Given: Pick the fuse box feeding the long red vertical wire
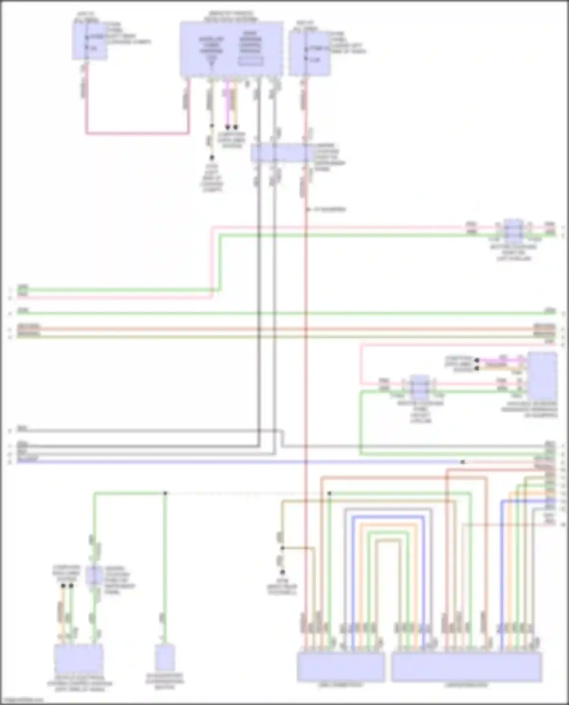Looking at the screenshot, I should [309, 53].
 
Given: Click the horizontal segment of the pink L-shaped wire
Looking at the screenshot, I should [137, 133].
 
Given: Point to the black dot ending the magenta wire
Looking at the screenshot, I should [228, 127].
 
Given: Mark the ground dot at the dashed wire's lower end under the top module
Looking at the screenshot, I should [212, 157].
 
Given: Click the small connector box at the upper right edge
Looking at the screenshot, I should [513, 230].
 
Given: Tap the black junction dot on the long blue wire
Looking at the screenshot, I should [462, 462].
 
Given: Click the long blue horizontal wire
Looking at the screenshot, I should [228, 462].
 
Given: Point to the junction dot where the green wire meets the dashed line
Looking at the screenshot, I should [165, 493].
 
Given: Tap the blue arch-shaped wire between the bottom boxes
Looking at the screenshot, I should [387, 517].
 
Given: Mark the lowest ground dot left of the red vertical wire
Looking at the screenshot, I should [282, 572].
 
